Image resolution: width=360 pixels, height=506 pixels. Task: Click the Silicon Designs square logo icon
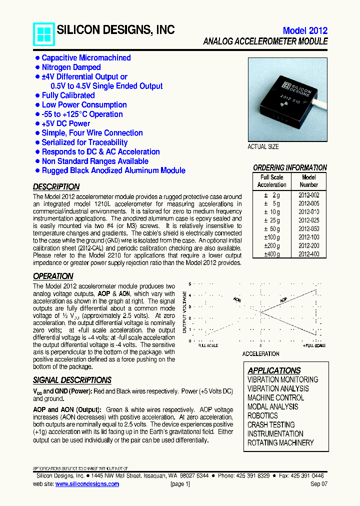43,34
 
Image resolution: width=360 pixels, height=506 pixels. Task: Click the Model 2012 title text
305,30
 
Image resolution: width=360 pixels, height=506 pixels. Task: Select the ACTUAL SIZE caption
263,147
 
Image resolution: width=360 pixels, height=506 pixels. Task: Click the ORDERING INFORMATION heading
289,168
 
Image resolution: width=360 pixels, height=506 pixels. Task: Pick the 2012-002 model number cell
308,195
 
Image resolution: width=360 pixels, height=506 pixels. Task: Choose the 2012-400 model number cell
308,254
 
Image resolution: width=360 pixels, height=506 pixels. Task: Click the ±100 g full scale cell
272,237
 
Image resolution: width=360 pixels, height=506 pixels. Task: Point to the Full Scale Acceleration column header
272,181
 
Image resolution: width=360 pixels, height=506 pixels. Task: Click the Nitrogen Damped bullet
71,67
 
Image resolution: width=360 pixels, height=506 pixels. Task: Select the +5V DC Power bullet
65,123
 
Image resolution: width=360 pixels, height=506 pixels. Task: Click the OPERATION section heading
53,276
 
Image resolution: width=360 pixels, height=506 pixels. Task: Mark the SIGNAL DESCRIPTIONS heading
72,380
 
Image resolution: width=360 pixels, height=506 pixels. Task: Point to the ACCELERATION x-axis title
260,353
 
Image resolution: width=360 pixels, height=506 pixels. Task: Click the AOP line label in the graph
283,300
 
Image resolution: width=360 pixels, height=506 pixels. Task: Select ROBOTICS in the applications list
262,416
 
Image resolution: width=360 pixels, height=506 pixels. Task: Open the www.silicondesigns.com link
87,484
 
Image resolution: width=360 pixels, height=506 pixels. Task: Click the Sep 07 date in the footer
319,484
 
